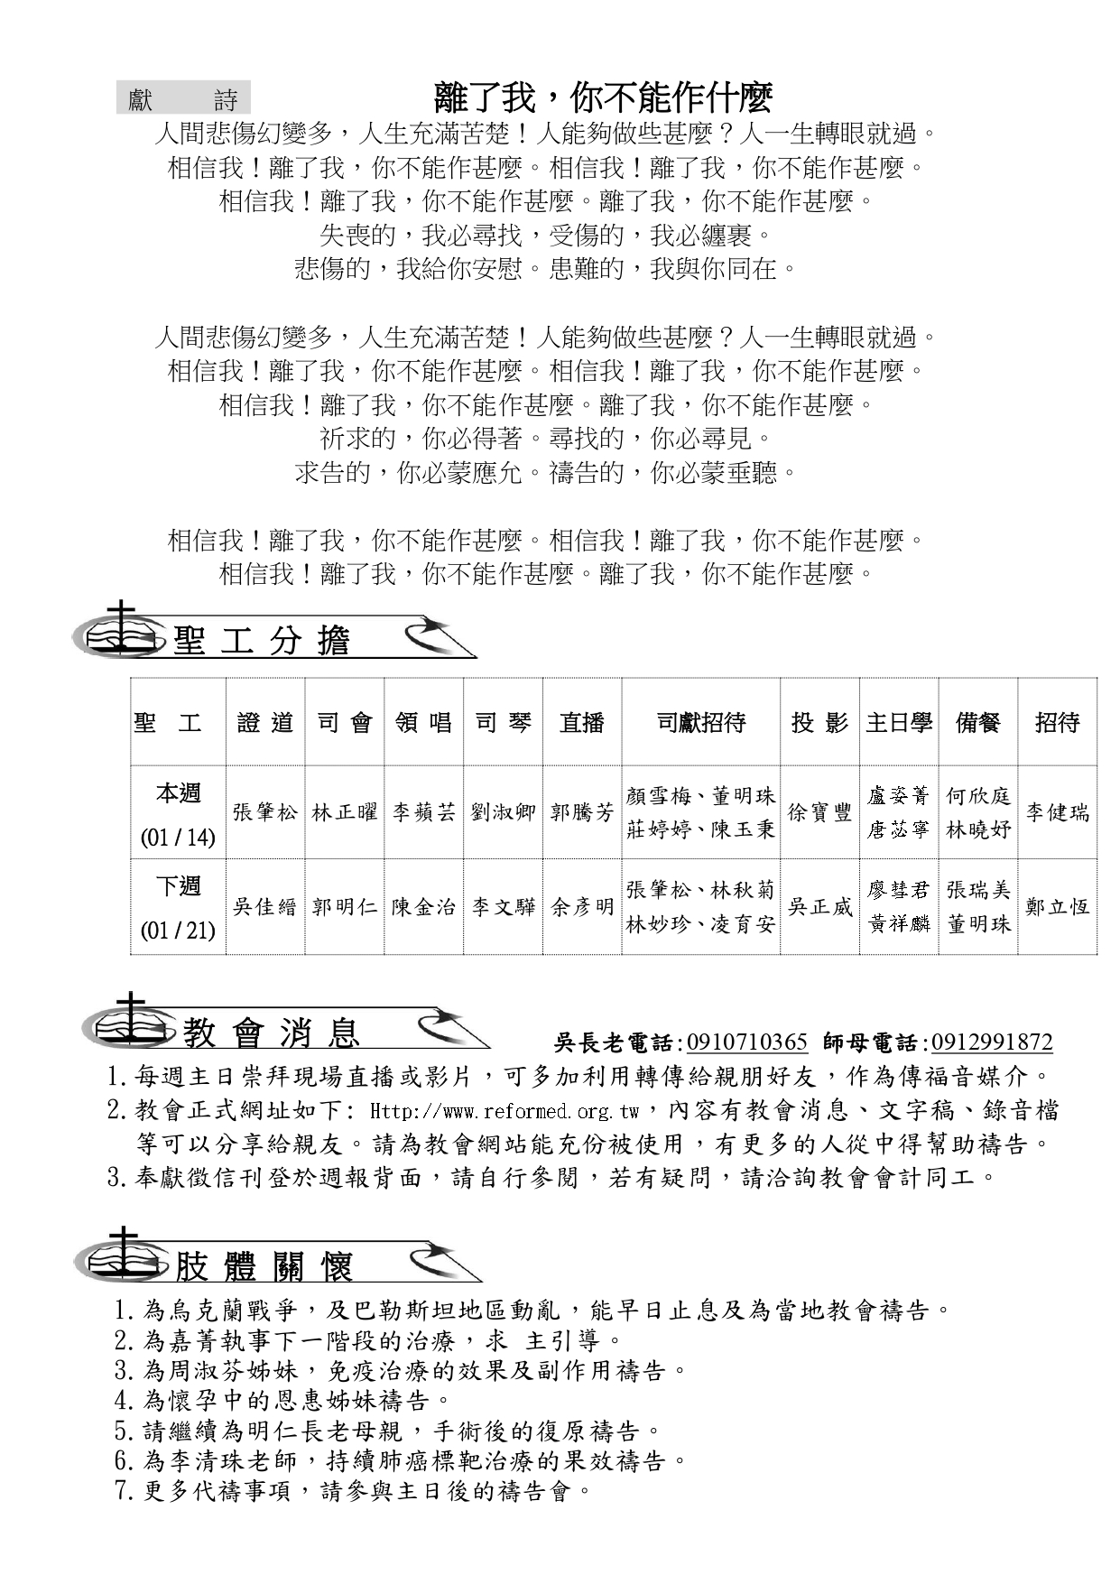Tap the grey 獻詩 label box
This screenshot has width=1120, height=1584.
coord(183,99)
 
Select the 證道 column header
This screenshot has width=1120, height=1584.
coord(265,723)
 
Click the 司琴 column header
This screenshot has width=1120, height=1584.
coord(503,723)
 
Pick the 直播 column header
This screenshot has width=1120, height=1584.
coord(582,723)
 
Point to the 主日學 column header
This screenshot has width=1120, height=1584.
coord(899,723)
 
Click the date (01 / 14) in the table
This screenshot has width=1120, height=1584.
coord(178,838)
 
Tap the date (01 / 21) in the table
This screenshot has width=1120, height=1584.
coord(178,930)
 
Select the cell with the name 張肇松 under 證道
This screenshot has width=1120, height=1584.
coord(265,812)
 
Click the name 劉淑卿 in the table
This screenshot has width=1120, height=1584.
coord(503,812)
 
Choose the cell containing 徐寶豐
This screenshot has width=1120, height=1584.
coord(819,812)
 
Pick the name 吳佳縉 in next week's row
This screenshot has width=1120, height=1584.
coord(265,906)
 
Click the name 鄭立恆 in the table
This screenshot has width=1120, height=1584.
coord(1057,906)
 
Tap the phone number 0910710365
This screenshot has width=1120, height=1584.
coord(746,1042)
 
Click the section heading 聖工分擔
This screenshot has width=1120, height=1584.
coord(261,640)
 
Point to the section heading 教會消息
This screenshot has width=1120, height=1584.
coord(272,1033)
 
